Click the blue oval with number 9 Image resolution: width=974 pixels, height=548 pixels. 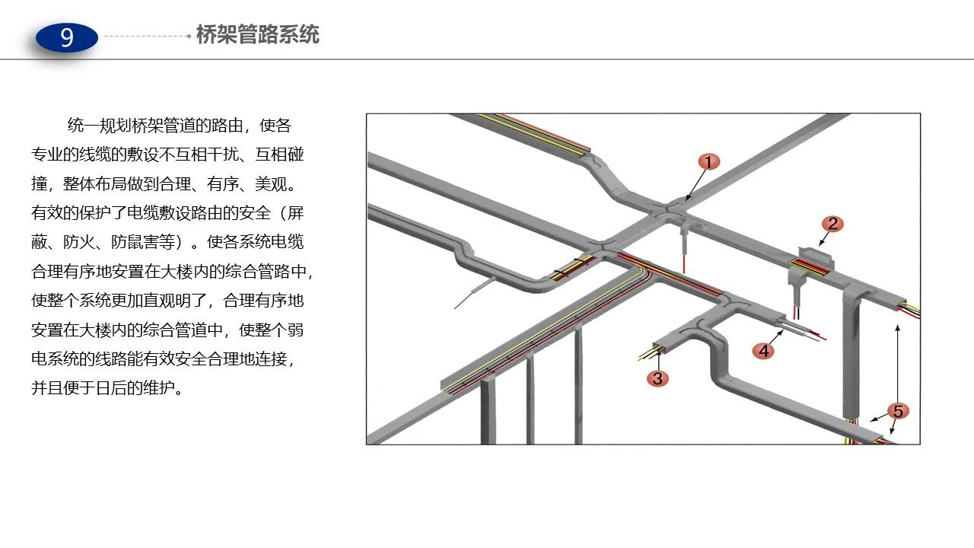point(66,37)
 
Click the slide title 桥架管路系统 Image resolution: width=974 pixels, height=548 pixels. point(258,34)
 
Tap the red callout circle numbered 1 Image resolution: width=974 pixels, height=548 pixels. point(709,162)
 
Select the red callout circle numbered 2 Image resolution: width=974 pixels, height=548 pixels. point(832,224)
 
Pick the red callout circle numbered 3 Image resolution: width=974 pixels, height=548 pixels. point(658,378)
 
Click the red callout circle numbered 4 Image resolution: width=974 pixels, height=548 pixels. point(763,351)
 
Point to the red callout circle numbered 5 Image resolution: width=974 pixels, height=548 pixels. point(898,411)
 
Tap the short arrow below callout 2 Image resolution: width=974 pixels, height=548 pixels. point(823,240)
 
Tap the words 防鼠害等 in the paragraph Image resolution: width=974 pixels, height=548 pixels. point(142,242)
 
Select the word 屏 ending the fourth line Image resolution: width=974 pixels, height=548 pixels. point(295,213)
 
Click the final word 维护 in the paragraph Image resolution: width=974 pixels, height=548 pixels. point(158,387)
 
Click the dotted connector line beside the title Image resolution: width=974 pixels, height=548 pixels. point(148,36)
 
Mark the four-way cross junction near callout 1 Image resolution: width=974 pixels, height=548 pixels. point(668,212)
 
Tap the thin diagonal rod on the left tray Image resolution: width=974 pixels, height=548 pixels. point(475,292)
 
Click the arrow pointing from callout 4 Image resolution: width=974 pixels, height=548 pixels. point(775,337)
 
